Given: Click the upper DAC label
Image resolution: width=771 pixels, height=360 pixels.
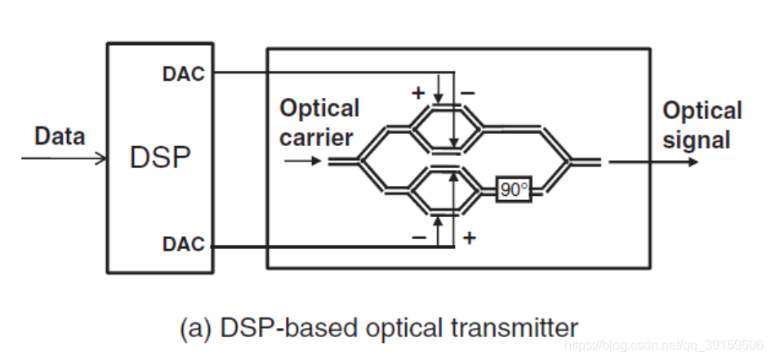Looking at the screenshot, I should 183,75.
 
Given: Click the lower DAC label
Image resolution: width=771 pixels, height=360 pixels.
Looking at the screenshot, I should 183,245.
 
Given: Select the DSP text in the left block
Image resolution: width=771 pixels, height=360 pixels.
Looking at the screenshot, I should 159,158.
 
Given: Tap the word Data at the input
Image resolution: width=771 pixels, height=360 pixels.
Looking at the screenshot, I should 60,136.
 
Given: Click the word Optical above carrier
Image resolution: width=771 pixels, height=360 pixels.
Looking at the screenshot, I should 319,109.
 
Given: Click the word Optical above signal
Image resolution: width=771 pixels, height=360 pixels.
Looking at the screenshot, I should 702,111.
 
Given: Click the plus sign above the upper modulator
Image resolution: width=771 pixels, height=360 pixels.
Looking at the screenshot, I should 418,93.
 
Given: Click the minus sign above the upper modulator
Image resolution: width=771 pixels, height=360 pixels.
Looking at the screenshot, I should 467,93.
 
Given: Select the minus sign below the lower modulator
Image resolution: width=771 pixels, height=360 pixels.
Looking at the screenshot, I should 419,238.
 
